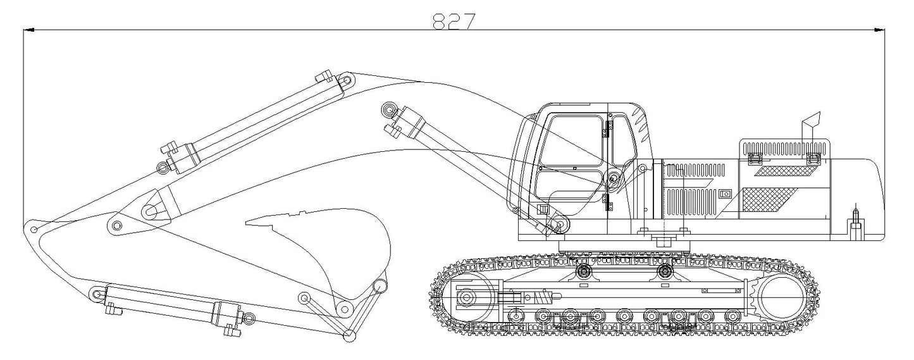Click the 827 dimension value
454,22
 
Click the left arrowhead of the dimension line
28,30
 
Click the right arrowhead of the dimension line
879,30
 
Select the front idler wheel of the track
467,298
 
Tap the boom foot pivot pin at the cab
613,177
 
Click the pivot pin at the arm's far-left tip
35,228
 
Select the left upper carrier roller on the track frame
584,271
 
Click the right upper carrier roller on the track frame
665,271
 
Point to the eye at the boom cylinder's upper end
388,110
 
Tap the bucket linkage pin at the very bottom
348,335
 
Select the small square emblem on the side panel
725,194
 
